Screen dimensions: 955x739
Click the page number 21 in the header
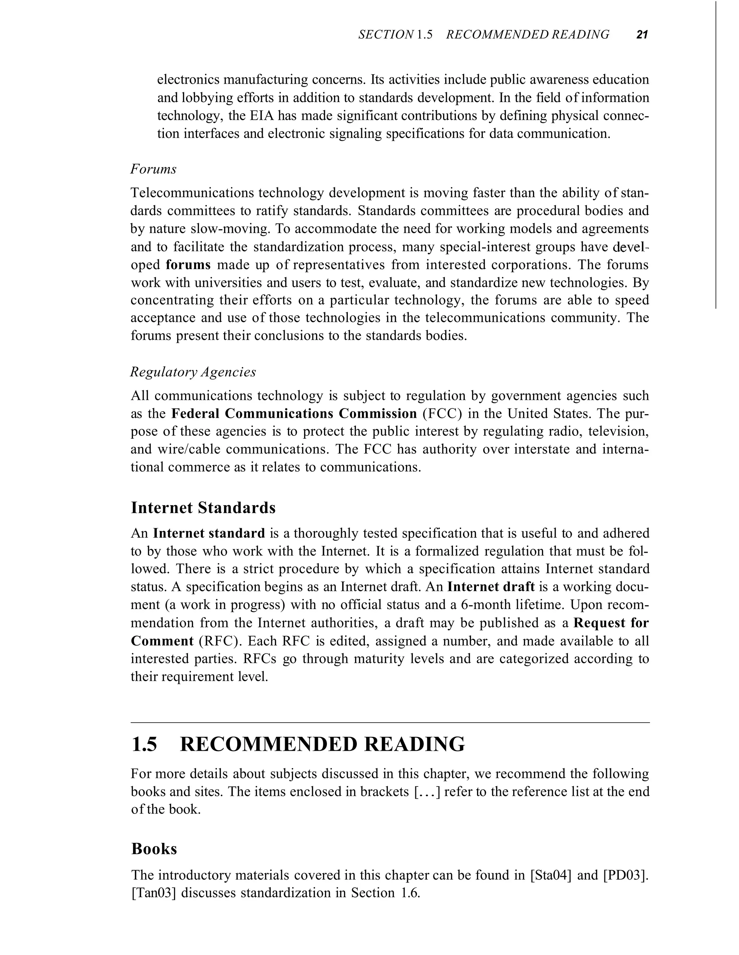coord(642,35)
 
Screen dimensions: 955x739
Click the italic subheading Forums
coord(153,169)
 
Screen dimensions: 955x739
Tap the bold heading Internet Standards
coord(204,507)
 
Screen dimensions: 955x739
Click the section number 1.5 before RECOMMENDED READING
coord(144,744)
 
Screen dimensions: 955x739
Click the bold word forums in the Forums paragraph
coord(188,265)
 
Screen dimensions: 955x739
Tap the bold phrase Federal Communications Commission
coord(294,413)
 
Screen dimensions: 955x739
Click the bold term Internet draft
coord(491,586)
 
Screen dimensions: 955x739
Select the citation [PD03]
coord(626,875)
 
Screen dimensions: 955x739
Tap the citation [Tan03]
coord(153,893)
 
